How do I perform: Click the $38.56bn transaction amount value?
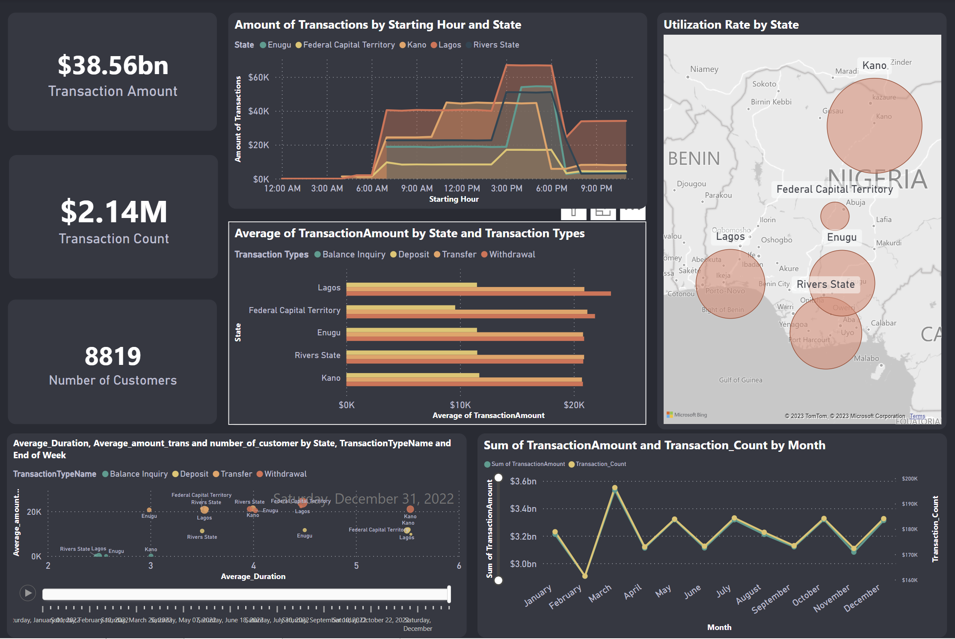113,66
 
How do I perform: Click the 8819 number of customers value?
113,356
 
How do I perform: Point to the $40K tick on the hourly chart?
258,111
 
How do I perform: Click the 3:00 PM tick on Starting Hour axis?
506,188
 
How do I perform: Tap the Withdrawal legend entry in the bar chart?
512,254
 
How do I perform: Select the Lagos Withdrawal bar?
478,294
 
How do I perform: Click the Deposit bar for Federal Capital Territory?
400,308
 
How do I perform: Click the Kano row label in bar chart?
331,378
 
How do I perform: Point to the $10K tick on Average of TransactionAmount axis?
460,405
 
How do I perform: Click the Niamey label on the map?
704,69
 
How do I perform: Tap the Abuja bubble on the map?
834,216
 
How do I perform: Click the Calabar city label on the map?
883,323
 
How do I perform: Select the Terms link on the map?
917,416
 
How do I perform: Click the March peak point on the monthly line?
614,488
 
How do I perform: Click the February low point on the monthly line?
584,576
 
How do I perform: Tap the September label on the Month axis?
771,599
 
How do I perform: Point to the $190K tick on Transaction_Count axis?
909,504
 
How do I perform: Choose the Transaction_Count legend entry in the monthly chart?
600,464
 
